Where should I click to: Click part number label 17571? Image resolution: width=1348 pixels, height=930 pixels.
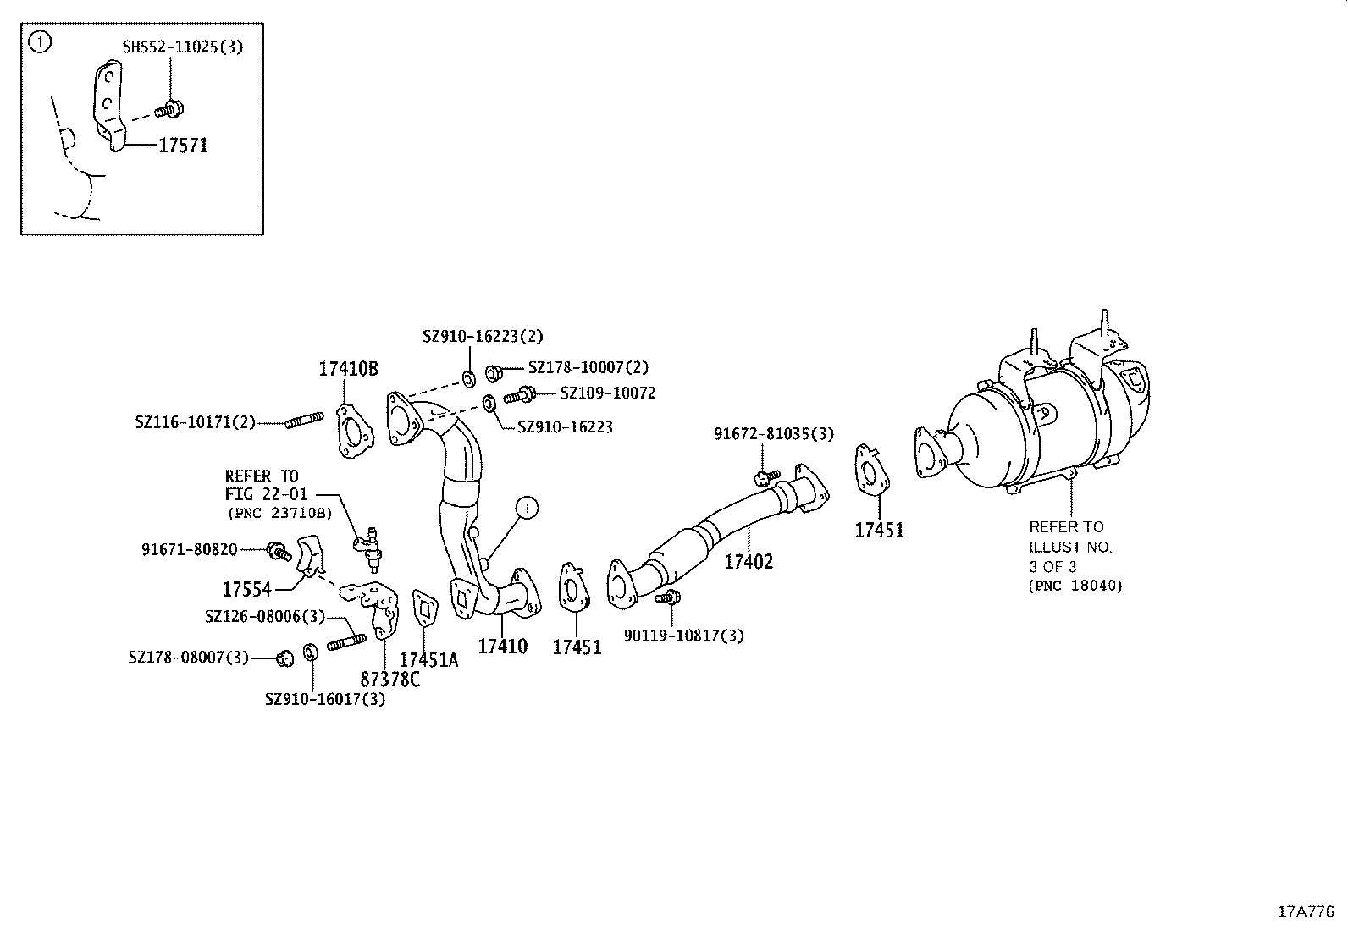183,146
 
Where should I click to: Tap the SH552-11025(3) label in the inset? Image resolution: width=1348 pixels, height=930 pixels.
182,47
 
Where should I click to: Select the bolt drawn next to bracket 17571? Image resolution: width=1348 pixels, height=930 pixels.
170,109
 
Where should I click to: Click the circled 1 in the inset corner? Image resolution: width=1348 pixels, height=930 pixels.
39,41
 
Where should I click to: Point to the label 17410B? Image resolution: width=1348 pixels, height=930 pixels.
348,369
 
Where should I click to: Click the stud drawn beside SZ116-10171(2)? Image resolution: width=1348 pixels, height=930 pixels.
302,421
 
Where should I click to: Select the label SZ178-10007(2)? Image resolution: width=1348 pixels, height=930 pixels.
588,367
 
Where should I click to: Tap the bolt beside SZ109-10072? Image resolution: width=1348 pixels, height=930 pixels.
519,394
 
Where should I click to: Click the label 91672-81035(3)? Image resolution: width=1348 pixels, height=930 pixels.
773,434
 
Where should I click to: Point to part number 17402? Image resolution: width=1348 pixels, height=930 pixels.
749,561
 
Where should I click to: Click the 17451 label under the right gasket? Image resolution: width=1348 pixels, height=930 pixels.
879,531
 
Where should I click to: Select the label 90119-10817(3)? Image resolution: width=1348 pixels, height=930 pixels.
683,636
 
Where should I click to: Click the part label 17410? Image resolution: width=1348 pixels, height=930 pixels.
502,647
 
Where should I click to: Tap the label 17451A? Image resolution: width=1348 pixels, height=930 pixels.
428,660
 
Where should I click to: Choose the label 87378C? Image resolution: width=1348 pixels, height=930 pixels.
389,679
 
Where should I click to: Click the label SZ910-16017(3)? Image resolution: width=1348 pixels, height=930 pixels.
324,699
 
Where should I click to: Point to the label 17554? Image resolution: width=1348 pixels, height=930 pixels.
246,589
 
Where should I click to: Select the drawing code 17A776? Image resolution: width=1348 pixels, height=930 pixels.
1306,911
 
